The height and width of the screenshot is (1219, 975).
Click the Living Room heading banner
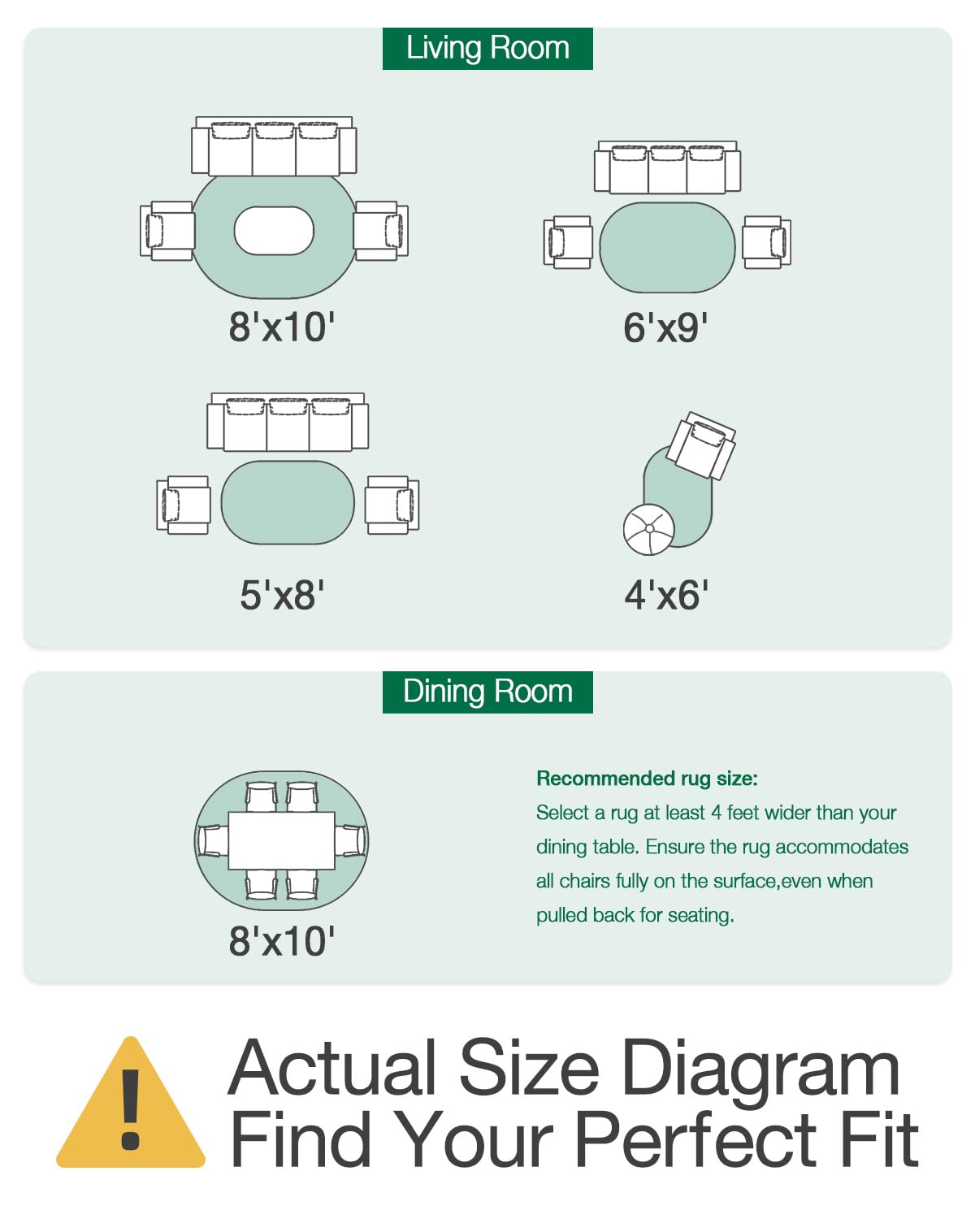click(x=487, y=49)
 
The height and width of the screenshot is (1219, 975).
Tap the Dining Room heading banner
click(x=487, y=692)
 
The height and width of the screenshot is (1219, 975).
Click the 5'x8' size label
click(x=282, y=595)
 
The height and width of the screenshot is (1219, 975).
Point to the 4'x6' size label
click(x=666, y=595)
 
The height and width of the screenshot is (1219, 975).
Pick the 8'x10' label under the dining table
click(x=282, y=941)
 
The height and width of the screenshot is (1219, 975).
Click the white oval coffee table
click(x=274, y=231)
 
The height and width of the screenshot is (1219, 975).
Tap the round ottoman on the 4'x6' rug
click(x=648, y=529)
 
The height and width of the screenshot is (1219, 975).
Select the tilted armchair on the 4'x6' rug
click(x=701, y=446)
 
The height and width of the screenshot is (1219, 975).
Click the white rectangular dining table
click(x=282, y=840)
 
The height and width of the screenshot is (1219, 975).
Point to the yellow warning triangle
click(x=131, y=1104)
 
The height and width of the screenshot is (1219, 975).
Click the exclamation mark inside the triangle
click(x=131, y=1109)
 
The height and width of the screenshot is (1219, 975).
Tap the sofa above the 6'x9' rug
click(x=667, y=167)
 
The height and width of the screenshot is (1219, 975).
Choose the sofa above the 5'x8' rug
click(x=288, y=422)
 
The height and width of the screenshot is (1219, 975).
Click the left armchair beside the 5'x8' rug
click(x=184, y=505)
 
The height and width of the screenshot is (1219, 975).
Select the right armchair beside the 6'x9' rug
click(x=766, y=242)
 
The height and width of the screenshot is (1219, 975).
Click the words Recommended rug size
click(x=647, y=779)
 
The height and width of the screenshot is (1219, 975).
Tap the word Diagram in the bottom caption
click(x=760, y=1070)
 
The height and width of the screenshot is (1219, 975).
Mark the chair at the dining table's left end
click(x=212, y=840)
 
